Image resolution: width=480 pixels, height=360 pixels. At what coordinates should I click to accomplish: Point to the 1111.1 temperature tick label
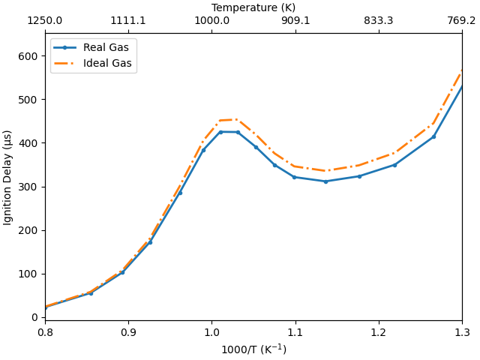point(128,21)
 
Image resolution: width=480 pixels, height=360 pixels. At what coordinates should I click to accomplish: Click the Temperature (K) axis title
point(253,7)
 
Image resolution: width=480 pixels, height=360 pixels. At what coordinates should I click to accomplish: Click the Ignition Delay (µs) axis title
point(8,177)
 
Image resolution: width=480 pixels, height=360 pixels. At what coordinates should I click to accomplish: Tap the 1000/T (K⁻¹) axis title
point(253,349)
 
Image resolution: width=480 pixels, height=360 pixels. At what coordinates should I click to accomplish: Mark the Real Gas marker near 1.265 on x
point(433,136)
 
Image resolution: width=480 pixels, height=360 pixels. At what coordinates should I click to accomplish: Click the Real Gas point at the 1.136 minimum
point(325,181)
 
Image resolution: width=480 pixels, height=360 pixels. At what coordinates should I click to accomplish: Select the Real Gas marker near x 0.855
point(91,293)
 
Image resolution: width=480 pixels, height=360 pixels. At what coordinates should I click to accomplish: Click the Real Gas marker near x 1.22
point(394,165)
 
